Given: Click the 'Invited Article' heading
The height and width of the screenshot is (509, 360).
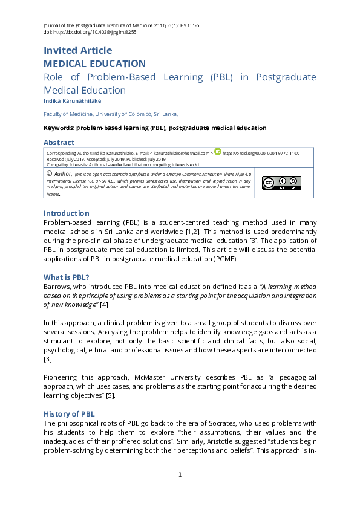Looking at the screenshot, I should (x=77, y=50).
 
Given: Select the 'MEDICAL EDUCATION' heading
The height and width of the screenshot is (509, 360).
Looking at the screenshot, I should (x=94, y=63).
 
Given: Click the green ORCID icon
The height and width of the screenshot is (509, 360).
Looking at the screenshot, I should (x=218, y=152).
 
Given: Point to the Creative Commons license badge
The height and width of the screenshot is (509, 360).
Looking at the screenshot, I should (x=281, y=183).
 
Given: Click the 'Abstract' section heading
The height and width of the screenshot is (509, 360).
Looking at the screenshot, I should (x=59, y=143).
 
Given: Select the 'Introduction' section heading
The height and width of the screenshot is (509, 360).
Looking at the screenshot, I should (x=66, y=213).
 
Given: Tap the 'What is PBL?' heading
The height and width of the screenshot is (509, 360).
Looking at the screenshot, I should (x=67, y=277).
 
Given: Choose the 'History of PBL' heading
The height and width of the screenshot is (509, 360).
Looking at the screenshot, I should (x=69, y=413).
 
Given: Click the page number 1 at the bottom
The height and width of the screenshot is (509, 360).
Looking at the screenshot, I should (x=180, y=474).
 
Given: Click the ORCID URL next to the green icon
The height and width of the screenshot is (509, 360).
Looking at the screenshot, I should (x=261, y=154).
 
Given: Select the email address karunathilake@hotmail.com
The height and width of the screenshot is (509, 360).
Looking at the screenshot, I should (x=181, y=154).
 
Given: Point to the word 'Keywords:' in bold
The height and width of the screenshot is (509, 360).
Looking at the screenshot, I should (x=60, y=128).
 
